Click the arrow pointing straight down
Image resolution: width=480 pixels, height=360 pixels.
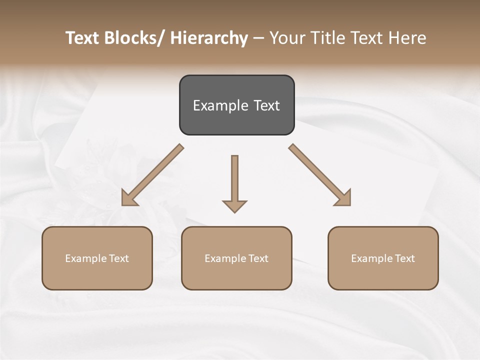click(234, 180)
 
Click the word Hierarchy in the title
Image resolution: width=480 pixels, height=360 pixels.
click(209, 38)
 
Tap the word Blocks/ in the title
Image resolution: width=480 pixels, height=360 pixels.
click(130, 38)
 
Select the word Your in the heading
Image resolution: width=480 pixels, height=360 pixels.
click(286, 38)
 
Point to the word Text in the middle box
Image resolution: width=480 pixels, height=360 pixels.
click(257, 258)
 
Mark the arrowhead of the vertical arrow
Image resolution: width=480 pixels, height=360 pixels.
click(234, 206)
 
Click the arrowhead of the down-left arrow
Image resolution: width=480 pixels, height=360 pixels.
click(128, 199)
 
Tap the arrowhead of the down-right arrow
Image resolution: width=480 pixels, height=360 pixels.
click(344, 199)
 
